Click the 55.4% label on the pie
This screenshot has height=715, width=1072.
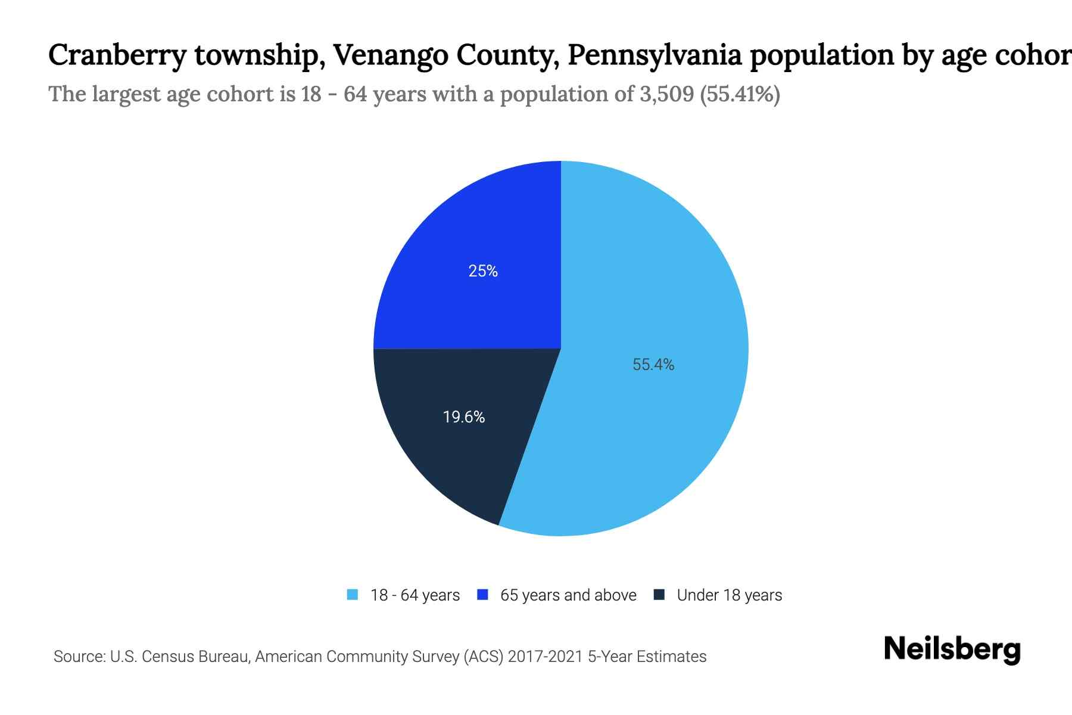pyautogui.click(x=653, y=365)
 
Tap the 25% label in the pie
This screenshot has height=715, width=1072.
pyautogui.click(x=483, y=271)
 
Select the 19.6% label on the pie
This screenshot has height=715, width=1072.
pyautogui.click(x=464, y=417)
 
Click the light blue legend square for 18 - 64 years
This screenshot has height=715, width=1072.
pyautogui.click(x=353, y=595)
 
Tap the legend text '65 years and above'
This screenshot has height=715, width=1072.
pyautogui.click(x=568, y=595)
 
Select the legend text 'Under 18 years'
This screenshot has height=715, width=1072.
pyautogui.click(x=729, y=595)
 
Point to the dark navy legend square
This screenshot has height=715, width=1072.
pyautogui.click(x=659, y=595)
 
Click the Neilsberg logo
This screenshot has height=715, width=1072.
pyautogui.click(x=952, y=649)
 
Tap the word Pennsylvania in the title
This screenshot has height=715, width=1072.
pyautogui.click(x=655, y=56)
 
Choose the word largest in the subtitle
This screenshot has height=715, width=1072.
pyautogui.click(x=126, y=94)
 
